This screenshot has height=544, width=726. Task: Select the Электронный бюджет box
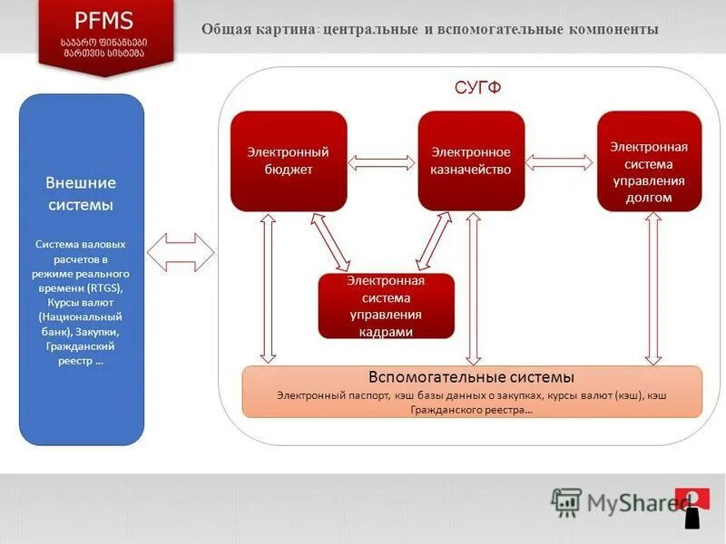pos(289,160)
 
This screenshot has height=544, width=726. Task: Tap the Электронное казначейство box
pos(471,160)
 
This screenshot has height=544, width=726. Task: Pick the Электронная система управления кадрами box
pos(386,306)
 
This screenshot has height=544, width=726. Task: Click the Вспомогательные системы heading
pos(471,377)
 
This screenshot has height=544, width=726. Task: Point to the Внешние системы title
pos(81,194)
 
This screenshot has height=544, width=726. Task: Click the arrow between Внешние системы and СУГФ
pos(181,251)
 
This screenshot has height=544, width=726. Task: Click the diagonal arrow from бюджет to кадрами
pos(330,242)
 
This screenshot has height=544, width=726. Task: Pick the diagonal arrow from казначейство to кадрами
pos(435,242)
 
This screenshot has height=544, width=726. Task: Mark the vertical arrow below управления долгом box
pos(651,288)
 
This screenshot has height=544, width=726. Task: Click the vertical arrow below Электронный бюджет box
pos(267,288)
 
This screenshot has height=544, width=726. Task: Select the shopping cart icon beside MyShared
pos(566,501)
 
